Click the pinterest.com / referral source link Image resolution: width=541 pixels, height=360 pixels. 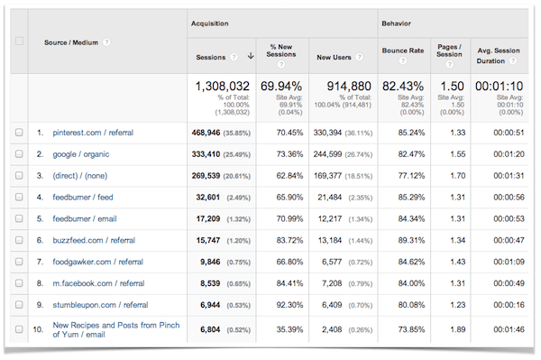pos(93,132)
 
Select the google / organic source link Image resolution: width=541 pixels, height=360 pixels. pos(86,154)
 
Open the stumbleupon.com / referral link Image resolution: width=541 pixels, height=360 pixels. pos(97,305)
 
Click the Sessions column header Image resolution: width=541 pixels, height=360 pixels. pos(211,57)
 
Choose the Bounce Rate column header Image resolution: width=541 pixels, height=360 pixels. pos(402,51)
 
